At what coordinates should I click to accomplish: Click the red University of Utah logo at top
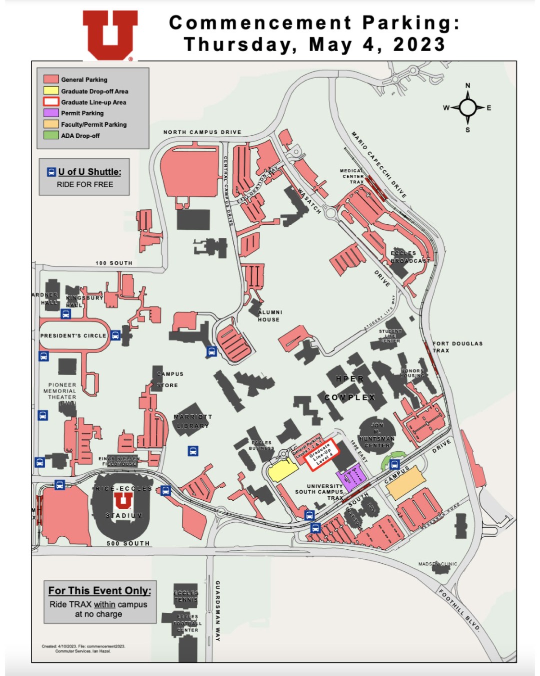110,34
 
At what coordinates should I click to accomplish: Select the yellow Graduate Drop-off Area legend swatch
51,91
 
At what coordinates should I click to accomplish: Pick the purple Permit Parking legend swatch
51,113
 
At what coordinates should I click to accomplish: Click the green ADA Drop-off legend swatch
51,135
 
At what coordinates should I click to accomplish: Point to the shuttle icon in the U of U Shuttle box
51,172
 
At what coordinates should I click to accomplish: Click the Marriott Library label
193,421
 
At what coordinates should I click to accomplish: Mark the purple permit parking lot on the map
352,477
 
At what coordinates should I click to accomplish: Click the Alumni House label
269,315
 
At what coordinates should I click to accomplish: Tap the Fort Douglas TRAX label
457,347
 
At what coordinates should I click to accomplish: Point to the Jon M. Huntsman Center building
377,434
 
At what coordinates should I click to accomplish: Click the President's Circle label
73,335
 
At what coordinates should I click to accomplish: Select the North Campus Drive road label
202,132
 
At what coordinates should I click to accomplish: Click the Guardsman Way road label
217,611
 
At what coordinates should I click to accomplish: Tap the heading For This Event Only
99,590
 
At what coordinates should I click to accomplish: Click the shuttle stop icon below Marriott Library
193,451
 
